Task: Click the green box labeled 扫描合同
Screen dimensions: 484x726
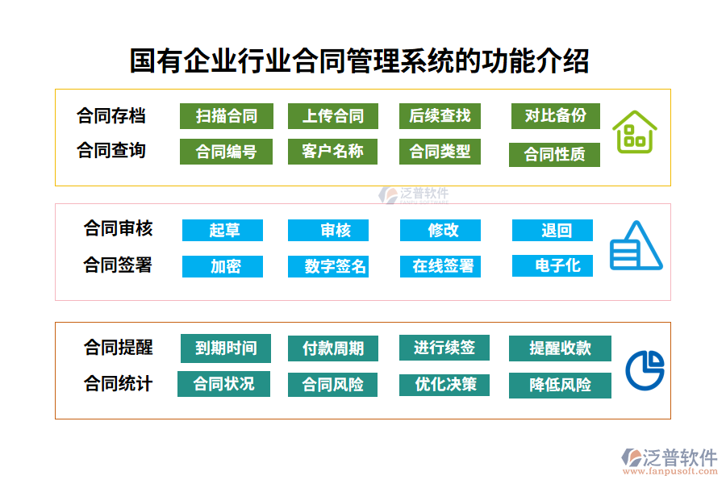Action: tap(226, 116)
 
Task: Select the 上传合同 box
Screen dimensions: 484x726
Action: tap(332, 116)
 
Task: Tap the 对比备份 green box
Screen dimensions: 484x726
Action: tap(555, 116)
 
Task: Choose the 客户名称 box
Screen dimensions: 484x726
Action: tap(332, 152)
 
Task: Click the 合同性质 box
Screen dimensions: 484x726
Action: tap(554, 154)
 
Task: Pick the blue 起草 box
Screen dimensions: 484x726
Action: tap(223, 230)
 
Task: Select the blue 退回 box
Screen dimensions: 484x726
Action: tap(553, 230)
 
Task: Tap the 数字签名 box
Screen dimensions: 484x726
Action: tap(332, 266)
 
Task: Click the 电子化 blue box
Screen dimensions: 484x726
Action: tap(553, 265)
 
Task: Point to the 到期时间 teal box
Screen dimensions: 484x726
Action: tap(225, 348)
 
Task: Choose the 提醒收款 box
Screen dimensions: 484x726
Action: tap(559, 348)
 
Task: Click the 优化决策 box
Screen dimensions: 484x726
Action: tap(444, 385)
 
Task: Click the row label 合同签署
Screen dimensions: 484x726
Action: tap(118, 265)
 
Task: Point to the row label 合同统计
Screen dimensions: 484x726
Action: tap(118, 384)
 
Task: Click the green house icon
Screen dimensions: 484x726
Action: tap(634, 131)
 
